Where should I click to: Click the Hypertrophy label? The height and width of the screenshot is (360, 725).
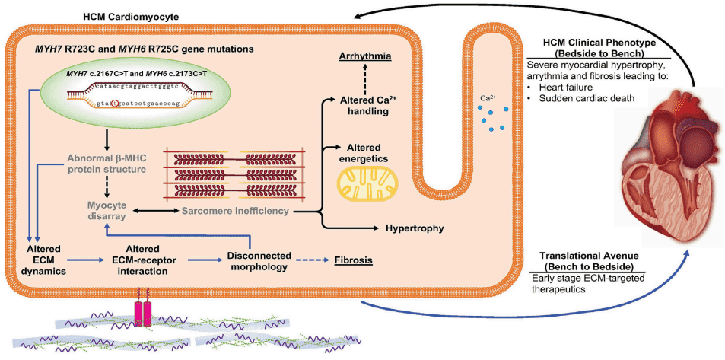click(415, 228)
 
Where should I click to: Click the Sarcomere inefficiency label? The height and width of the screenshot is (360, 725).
click(236, 209)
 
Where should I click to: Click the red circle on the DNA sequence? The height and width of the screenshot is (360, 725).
click(116, 104)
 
